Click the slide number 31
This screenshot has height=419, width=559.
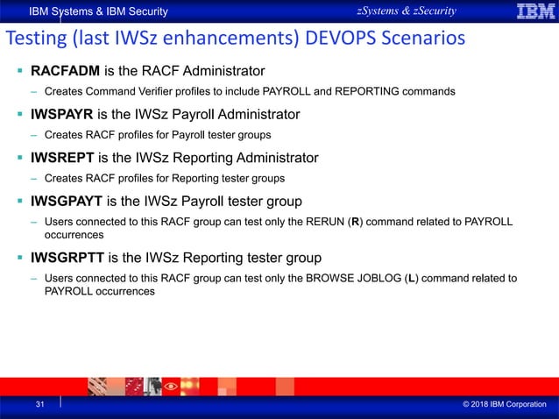coord(39,405)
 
